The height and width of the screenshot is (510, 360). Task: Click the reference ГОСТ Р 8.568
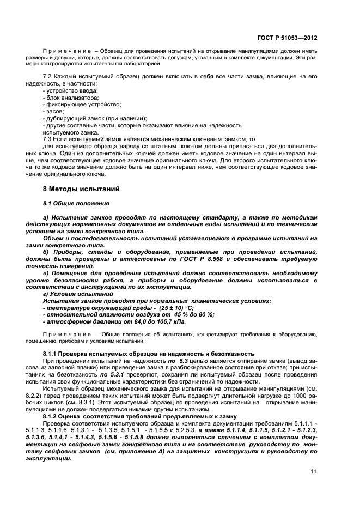199,258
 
